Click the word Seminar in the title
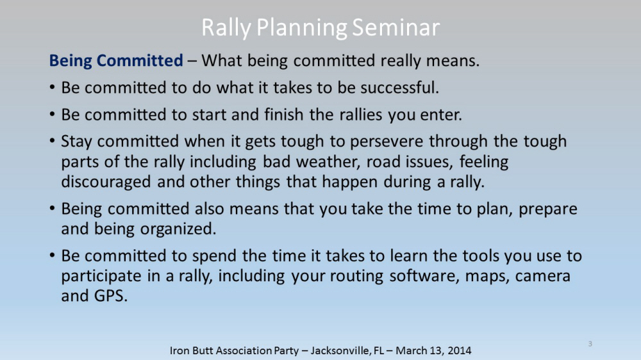395,28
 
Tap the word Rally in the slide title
226,28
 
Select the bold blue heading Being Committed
116,61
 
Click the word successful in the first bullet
399,87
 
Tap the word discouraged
106,182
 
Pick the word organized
178,229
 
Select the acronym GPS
111,296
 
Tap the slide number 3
590,343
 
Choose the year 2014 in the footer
459,350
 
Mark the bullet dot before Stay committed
52,141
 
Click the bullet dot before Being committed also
52,208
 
